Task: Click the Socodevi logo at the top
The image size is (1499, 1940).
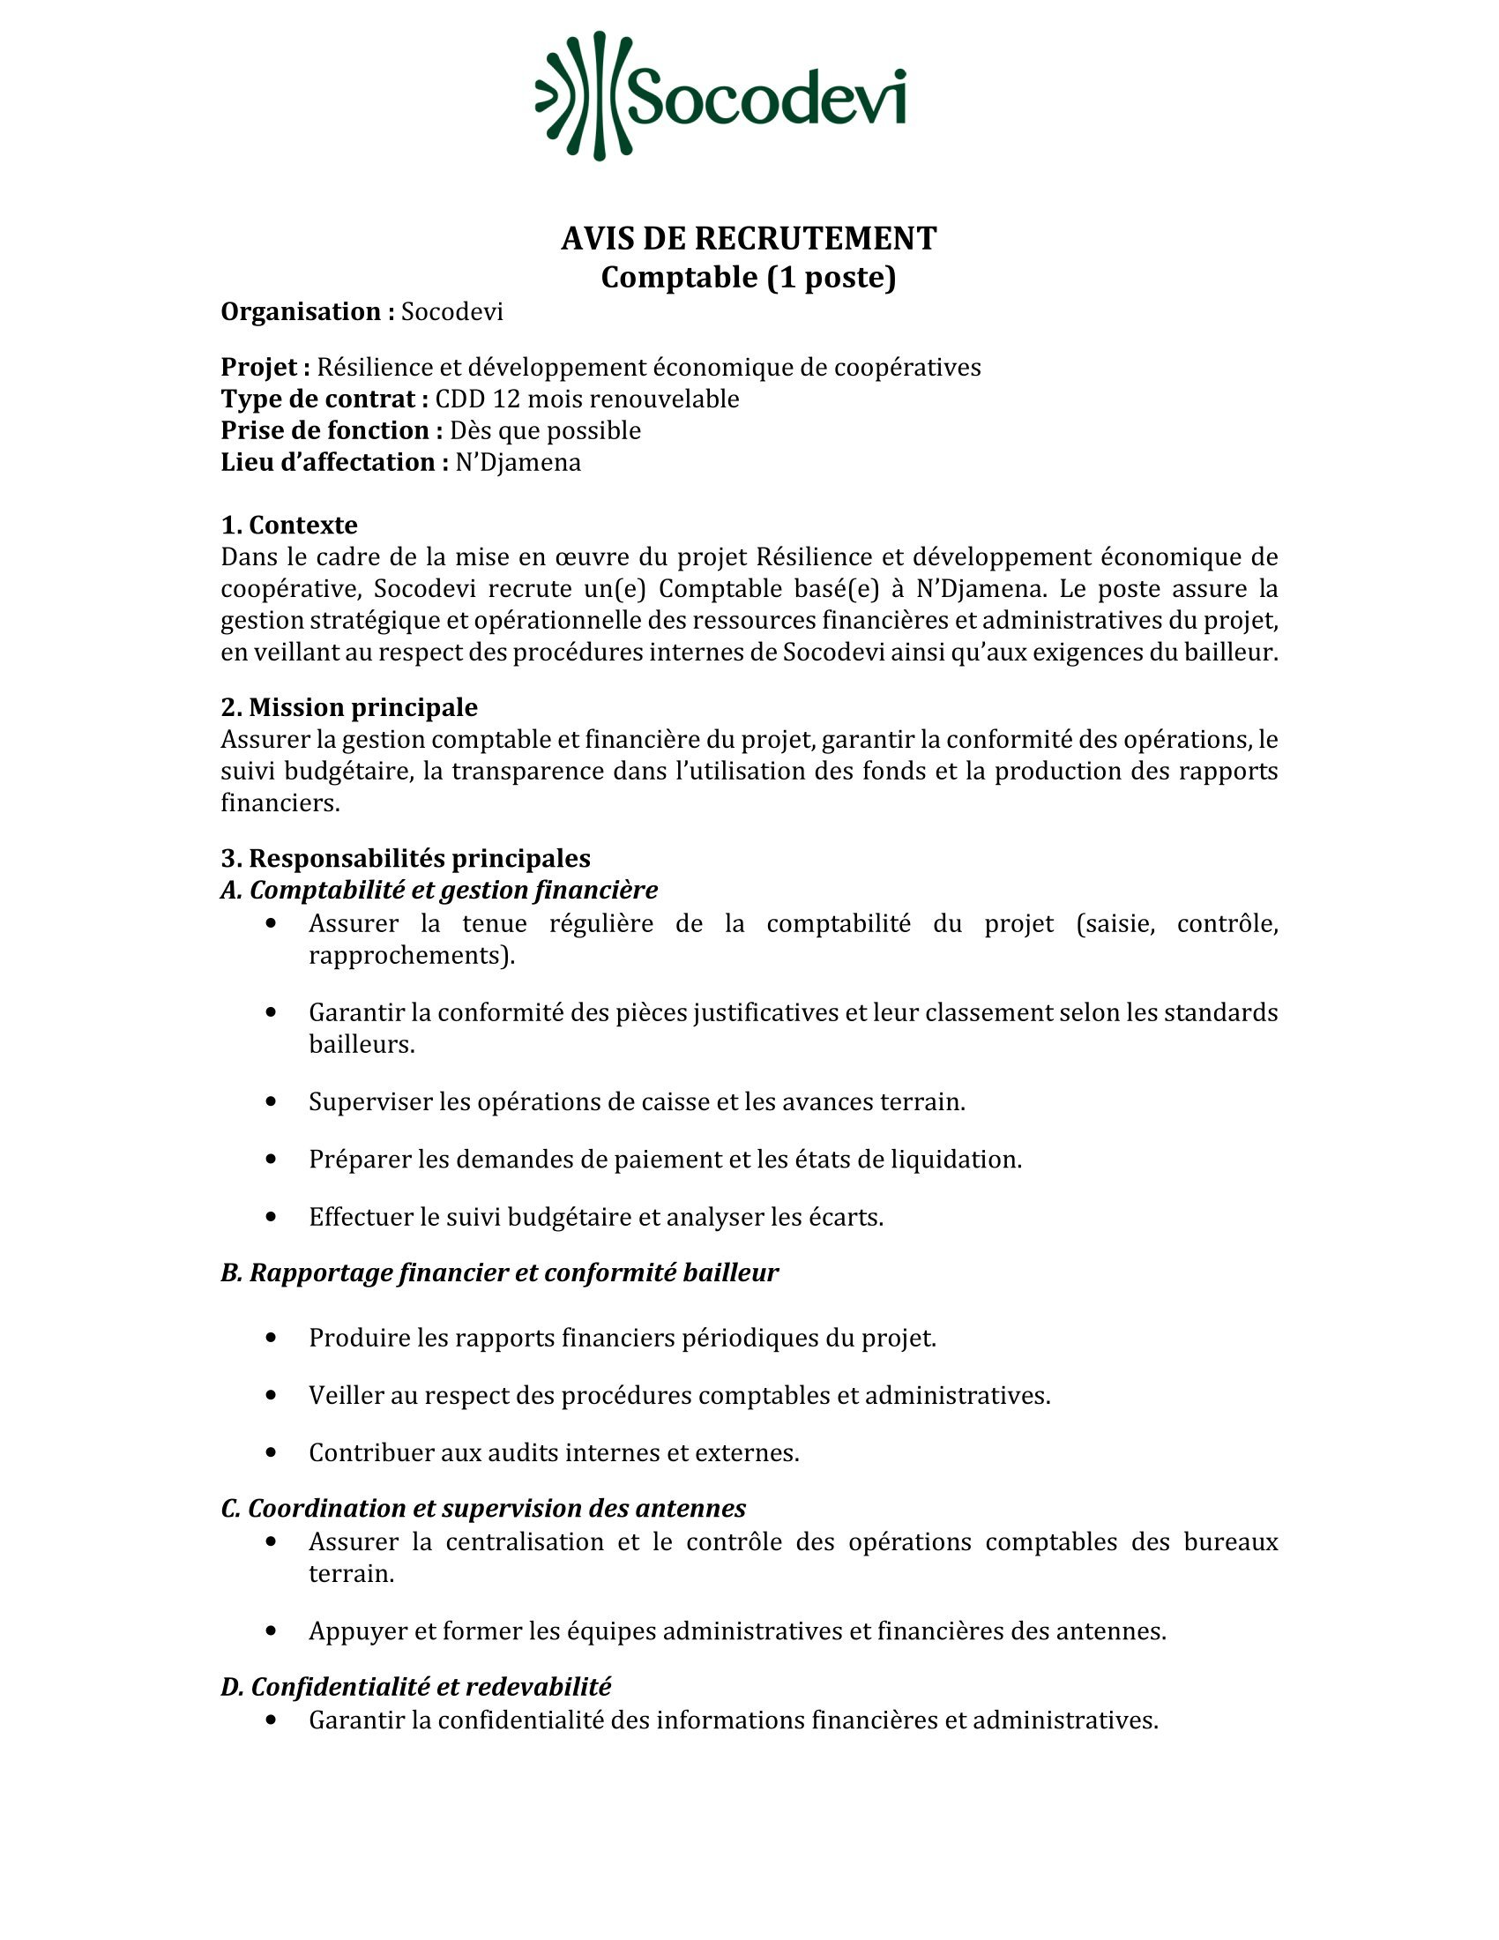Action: click(x=721, y=96)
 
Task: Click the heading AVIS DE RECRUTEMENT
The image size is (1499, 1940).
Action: click(x=749, y=238)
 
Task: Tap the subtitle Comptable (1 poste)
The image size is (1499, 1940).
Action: click(x=749, y=277)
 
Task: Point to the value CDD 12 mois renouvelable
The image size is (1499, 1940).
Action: click(x=587, y=399)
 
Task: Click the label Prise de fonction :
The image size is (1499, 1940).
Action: click(x=332, y=431)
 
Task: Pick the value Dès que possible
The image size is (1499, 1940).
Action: click(x=545, y=431)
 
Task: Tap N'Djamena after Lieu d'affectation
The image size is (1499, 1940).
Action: click(x=518, y=463)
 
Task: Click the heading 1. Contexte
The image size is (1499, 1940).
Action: click(x=288, y=525)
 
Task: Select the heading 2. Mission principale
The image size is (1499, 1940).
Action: click(x=349, y=707)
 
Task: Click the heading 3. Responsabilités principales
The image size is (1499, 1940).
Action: click(x=405, y=858)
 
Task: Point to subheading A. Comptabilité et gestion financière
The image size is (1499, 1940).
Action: click(x=440, y=890)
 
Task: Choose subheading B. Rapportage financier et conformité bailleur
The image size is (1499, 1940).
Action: click(x=499, y=1272)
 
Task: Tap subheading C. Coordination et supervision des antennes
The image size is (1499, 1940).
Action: click(x=483, y=1508)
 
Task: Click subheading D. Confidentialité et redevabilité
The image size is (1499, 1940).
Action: click(x=415, y=1686)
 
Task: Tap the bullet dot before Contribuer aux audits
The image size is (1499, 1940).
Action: click(x=272, y=1452)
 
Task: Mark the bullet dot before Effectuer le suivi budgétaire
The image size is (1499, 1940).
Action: click(x=272, y=1217)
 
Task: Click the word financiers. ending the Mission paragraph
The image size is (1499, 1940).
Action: click(x=280, y=803)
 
